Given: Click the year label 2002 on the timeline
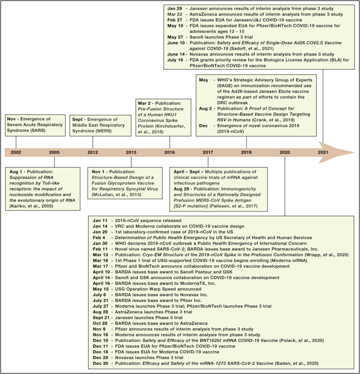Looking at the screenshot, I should [16, 165].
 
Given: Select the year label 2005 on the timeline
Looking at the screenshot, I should [54, 165].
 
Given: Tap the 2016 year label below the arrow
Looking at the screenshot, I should [169, 165].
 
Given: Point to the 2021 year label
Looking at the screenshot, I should [322, 165].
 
